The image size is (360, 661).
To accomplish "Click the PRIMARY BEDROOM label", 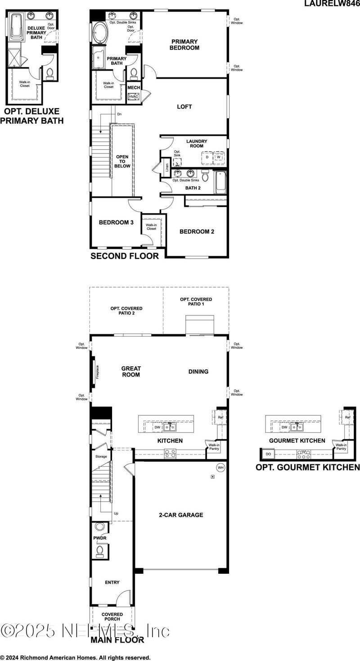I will [184, 45].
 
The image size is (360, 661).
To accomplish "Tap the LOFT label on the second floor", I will [184, 107].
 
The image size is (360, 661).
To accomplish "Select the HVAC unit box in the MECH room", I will [134, 97].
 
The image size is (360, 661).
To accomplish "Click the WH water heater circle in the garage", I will [220, 467].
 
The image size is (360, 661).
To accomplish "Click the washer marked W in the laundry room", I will [219, 157].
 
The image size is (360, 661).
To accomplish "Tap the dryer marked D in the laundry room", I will [207, 157].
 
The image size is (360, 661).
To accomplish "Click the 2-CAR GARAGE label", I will [181, 515].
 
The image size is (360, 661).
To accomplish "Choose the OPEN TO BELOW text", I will [123, 161].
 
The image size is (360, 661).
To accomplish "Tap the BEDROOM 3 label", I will [116, 222].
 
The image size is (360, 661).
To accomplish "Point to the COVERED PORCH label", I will [112, 617].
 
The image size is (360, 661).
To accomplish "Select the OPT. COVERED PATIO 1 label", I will [196, 302].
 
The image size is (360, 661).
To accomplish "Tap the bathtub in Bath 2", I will [220, 183].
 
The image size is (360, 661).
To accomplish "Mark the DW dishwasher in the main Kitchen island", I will [157, 427].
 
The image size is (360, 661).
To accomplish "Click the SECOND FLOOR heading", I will [125, 256].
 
